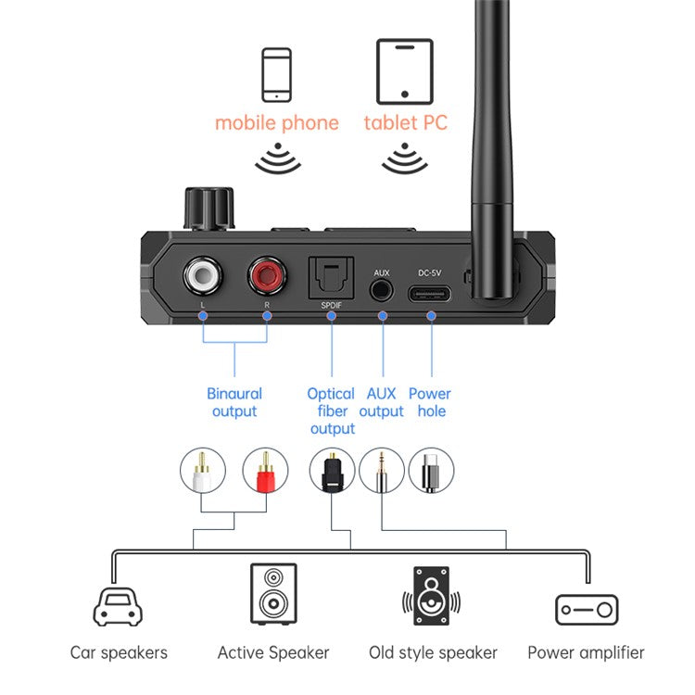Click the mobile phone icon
(276, 74)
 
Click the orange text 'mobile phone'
(276, 122)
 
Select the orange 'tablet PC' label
(405, 122)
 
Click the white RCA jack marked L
(202, 275)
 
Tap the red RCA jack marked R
(267, 275)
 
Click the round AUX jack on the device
(381, 289)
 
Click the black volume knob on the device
(209, 209)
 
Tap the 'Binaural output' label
(234, 402)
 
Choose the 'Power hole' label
(430, 402)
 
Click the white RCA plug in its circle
(202, 470)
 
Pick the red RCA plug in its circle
(266, 470)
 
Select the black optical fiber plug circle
(332, 470)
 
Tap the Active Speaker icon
(273, 597)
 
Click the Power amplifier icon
(586, 610)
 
